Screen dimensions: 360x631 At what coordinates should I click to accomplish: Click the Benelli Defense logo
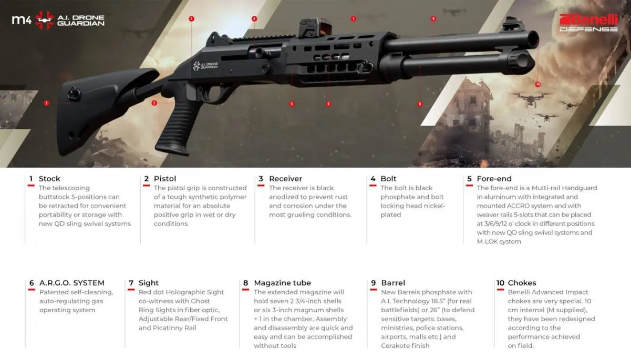click(588, 22)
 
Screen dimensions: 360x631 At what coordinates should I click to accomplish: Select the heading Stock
click(49, 179)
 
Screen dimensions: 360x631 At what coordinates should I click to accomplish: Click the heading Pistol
click(165, 179)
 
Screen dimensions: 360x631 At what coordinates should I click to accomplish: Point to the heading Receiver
click(285, 179)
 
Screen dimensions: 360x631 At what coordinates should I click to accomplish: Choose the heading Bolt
click(388, 179)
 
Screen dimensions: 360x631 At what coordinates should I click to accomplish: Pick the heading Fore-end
click(494, 179)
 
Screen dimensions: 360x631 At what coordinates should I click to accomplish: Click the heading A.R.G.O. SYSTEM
click(71, 283)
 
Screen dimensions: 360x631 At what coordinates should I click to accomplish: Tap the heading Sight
click(149, 283)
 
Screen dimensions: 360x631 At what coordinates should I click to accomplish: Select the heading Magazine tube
click(282, 283)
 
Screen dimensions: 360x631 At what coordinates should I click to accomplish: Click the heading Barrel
click(393, 283)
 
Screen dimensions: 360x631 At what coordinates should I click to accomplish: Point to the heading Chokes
click(522, 283)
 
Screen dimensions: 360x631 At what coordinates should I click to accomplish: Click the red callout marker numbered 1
click(46, 103)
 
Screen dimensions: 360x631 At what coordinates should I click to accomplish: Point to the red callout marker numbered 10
click(537, 84)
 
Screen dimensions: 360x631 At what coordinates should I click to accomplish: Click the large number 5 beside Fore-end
click(469, 179)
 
